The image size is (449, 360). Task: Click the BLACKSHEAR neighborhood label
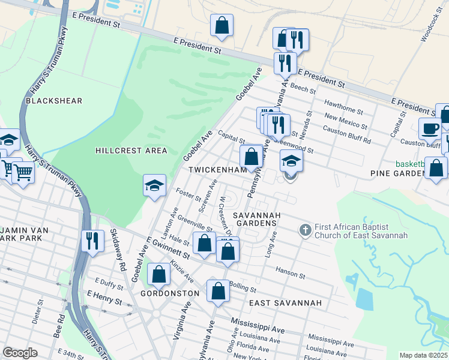54,101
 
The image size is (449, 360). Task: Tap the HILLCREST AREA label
131,151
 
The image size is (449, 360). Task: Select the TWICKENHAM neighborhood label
218,170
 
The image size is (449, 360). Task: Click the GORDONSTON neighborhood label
169,293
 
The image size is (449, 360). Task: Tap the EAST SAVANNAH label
285,303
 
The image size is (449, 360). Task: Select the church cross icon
305,230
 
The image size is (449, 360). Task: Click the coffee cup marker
430,128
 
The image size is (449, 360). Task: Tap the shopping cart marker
23,173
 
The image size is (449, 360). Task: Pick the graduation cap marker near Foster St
154,185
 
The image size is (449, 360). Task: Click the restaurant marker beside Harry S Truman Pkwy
92,241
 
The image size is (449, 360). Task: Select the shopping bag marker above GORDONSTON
159,274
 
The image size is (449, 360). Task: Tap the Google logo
20,353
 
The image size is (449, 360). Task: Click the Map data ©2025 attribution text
423,355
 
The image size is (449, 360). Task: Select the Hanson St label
291,273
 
